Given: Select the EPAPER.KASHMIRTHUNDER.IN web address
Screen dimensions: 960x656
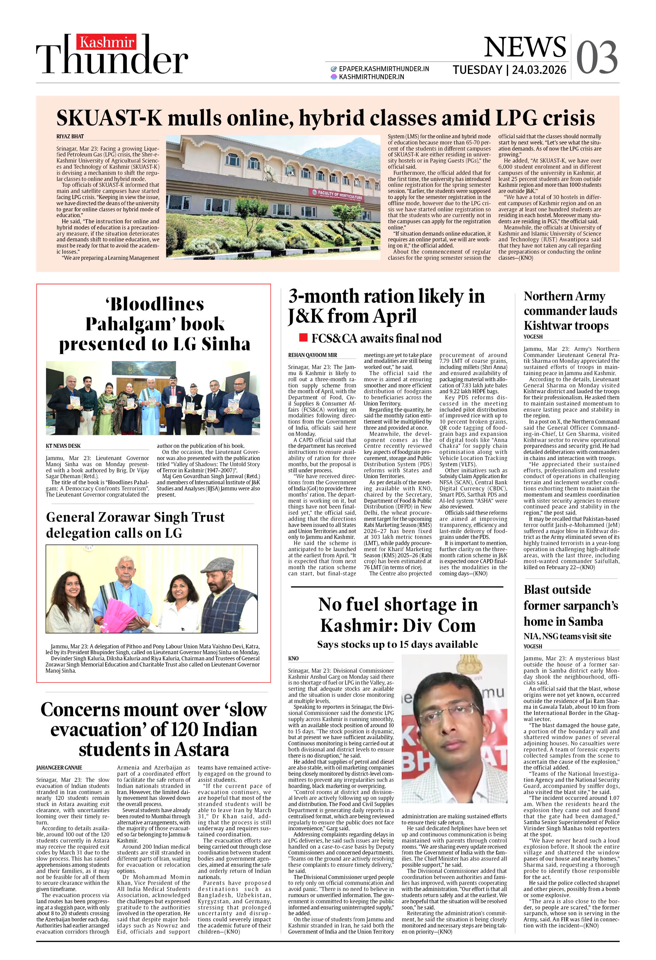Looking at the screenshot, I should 384,69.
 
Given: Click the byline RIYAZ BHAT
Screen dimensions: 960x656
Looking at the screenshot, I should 70,136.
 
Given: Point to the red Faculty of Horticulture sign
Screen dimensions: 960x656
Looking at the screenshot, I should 337,194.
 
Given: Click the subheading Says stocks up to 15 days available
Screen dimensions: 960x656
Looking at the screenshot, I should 397,644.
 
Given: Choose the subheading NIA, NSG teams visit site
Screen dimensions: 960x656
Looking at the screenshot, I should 567,636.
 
